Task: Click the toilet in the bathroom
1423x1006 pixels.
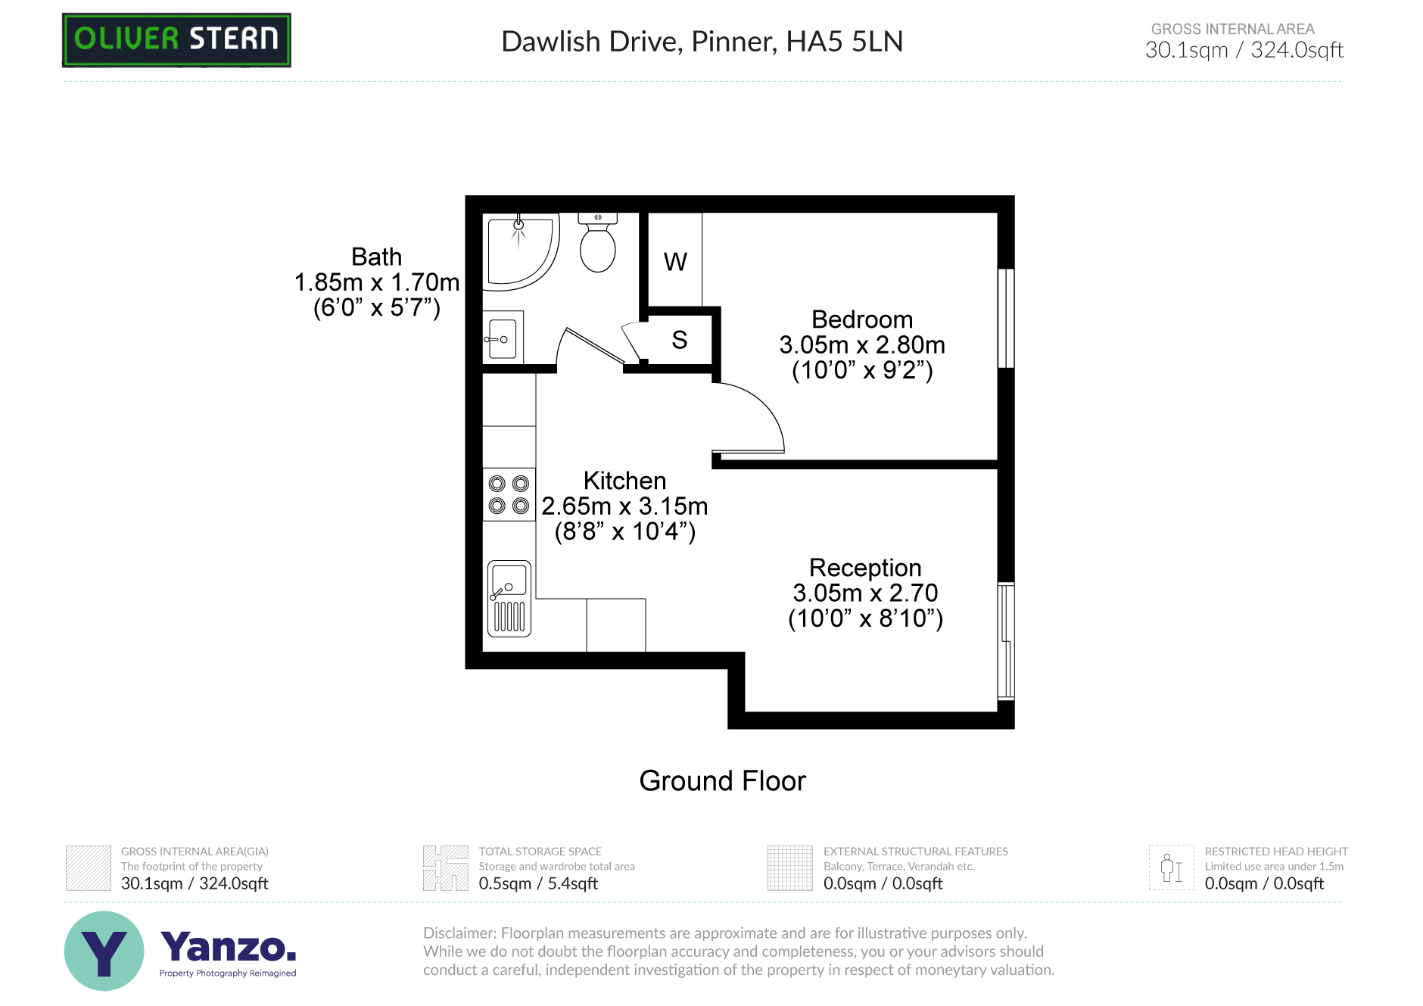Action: click(597, 244)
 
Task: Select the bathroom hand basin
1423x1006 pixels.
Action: click(502, 338)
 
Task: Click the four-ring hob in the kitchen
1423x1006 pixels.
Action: click(509, 494)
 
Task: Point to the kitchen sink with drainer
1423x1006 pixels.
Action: click(509, 598)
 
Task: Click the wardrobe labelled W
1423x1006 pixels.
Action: click(675, 261)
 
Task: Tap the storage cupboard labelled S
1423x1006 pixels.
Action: click(679, 340)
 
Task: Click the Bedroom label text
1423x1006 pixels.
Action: click(862, 319)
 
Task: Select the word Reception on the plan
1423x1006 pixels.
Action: click(865, 568)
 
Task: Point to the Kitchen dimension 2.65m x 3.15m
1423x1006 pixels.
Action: click(624, 506)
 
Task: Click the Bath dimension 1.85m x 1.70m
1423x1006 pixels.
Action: click(376, 282)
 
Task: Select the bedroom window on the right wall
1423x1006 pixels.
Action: click(1006, 318)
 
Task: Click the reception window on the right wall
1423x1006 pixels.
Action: click(1006, 640)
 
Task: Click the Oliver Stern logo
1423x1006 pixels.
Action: click(176, 39)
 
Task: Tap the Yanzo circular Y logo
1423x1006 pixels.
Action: click(104, 951)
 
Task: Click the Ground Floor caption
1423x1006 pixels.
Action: click(722, 780)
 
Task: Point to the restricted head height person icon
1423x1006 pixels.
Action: click(1171, 867)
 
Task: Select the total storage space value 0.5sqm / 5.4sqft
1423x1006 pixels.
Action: click(538, 883)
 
